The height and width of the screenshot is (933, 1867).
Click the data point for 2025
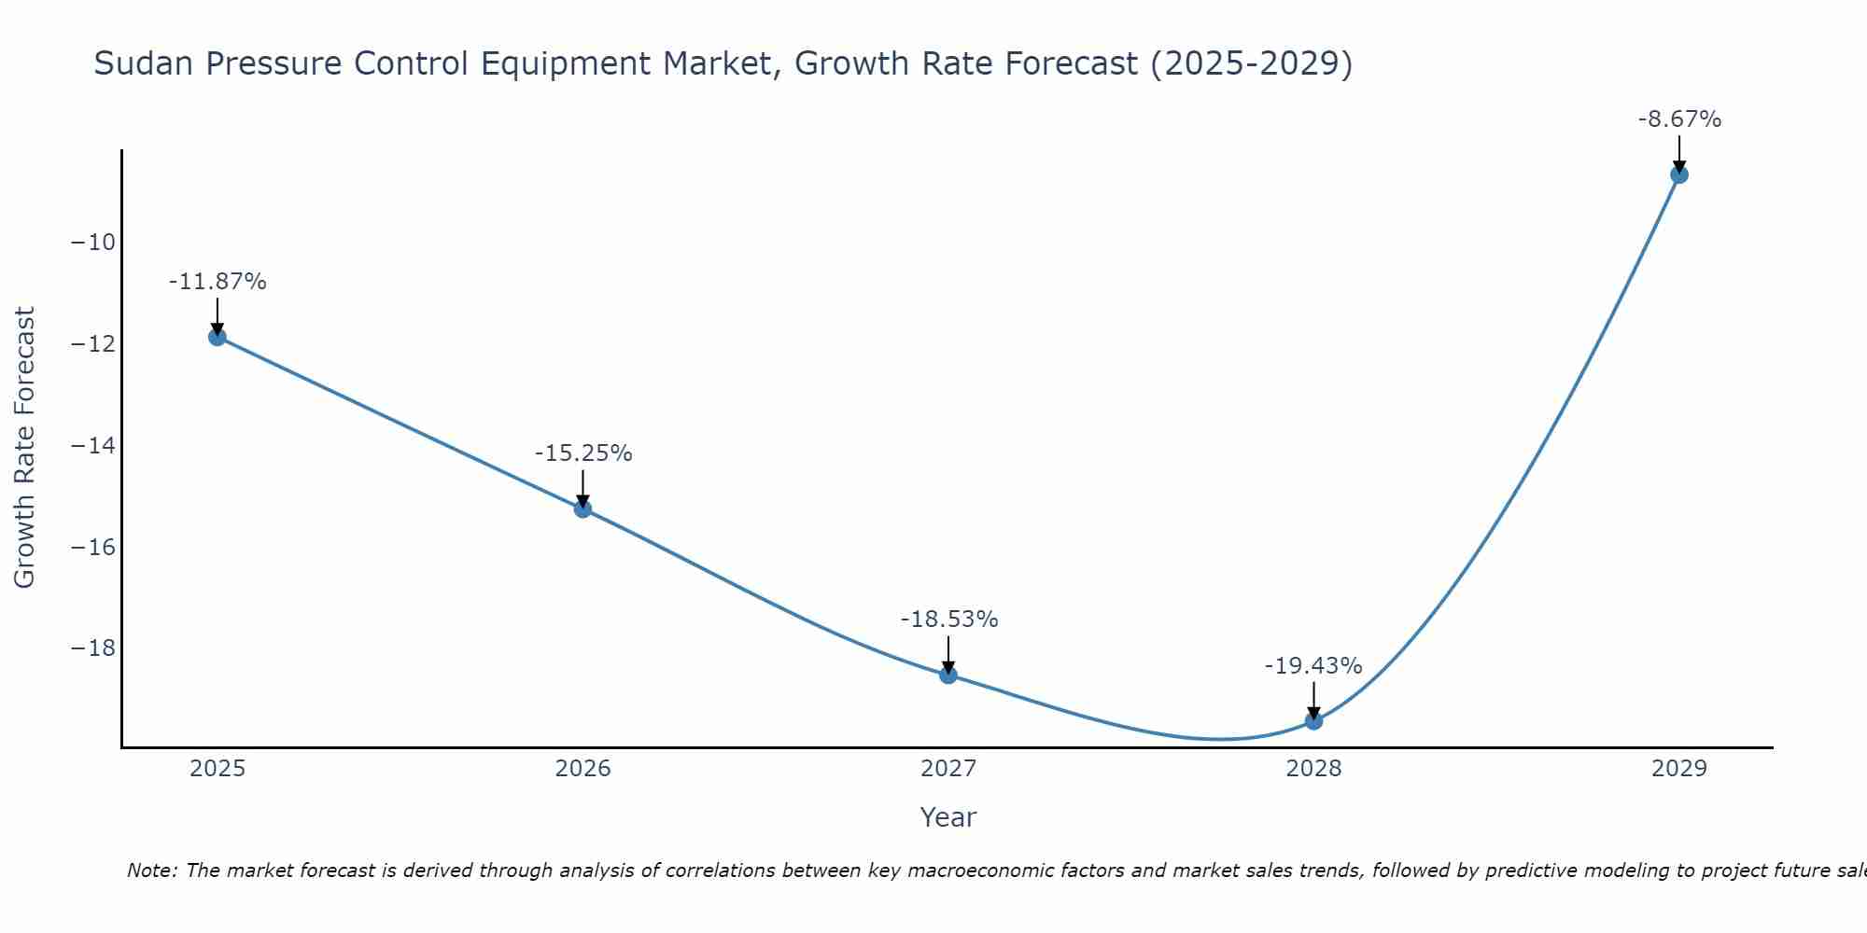(x=218, y=337)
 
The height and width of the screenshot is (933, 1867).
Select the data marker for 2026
(x=583, y=508)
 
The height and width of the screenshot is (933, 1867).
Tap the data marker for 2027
(x=948, y=675)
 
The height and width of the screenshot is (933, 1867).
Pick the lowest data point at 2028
(x=1313, y=720)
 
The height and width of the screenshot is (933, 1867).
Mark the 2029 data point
(x=1678, y=174)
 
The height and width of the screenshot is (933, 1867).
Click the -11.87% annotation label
(x=218, y=282)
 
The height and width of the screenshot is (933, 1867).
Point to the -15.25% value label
(x=583, y=453)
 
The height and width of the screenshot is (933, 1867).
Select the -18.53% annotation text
(x=949, y=620)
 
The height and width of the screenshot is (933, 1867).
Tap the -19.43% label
(x=1313, y=666)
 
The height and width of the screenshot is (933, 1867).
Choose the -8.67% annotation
(x=1679, y=119)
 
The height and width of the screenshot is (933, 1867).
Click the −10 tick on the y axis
(x=92, y=243)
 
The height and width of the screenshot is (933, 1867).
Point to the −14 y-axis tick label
(x=92, y=445)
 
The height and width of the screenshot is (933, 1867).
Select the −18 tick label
(x=92, y=648)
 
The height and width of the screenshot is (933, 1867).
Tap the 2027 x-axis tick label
(x=948, y=769)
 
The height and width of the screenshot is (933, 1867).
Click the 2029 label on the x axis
(x=1678, y=769)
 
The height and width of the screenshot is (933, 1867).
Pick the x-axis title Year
(x=948, y=817)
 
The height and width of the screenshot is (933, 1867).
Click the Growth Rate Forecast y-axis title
(x=25, y=448)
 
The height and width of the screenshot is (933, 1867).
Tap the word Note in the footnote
(x=150, y=870)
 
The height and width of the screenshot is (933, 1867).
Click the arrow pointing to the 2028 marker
(x=1313, y=700)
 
